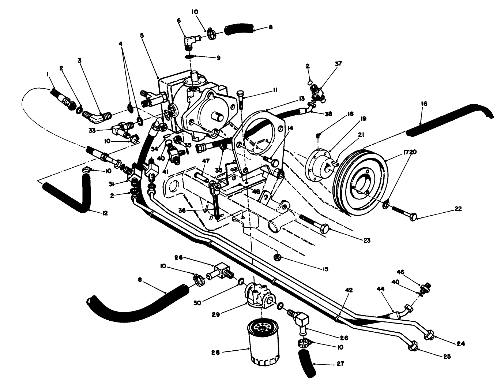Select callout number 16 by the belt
click(x=424, y=104)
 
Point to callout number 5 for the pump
click(x=142, y=36)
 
